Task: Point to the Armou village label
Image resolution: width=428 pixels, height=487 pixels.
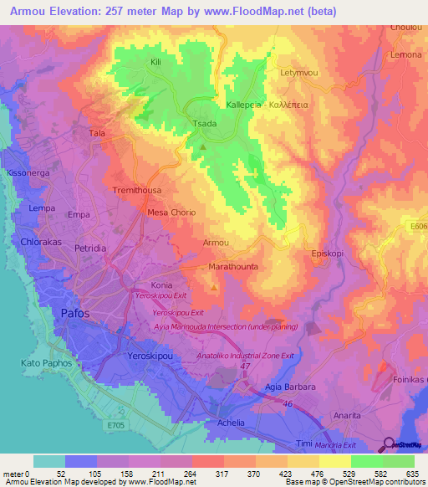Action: [x=216, y=243]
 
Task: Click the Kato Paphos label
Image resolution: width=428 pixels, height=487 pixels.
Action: [x=47, y=364]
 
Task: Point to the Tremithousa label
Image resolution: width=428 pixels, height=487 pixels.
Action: [x=137, y=191]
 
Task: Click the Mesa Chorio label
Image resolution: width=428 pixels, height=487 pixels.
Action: [x=171, y=213]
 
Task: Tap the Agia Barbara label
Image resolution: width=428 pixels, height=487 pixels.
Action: [x=290, y=387]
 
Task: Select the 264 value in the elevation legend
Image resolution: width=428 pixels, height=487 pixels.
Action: [x=191, y=474]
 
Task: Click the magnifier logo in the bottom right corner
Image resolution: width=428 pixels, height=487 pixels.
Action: [x=387, y=444]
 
